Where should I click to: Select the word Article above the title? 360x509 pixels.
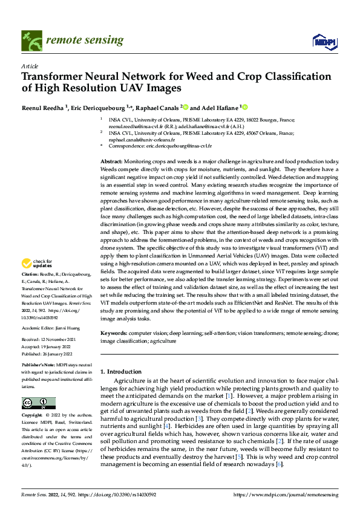click(x=29, y=65)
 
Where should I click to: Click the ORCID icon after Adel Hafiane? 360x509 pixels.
click(x=246, y=107)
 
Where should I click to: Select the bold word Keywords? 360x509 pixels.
click(x=113, y=333)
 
